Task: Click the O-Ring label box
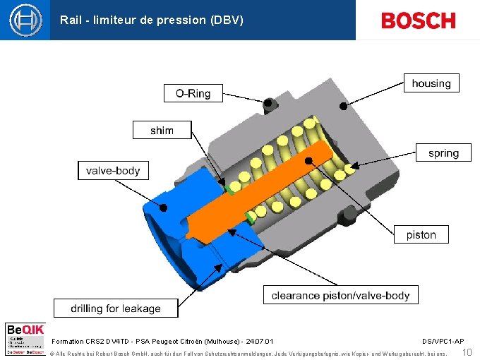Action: [193, 93]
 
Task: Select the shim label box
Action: [162, 130]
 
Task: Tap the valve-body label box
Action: [113, 170]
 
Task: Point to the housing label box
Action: [431, 83]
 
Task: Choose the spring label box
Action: [443, 152]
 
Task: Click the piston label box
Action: [421, 234]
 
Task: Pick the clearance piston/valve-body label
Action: [340, 296]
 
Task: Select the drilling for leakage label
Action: [116, 308]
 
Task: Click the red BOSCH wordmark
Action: [418, 20]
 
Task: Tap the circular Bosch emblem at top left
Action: [25, 20]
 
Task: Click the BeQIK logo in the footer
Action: [25, 338]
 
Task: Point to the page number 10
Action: [467, 352]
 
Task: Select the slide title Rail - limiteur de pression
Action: [152, 20]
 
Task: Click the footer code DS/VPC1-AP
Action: [443, 342]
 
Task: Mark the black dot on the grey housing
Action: [342, 106]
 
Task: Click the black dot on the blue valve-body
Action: [163, 208]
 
